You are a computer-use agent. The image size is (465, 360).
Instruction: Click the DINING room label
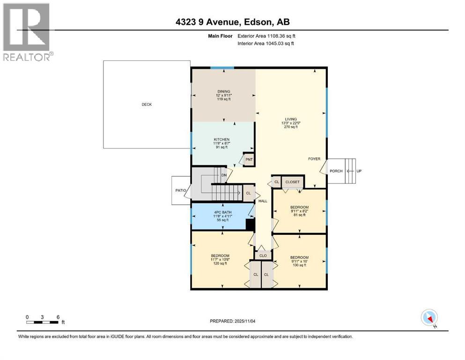pyautogui.click(x=223, y=91)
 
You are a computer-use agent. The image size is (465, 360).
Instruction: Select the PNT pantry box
pyautogui.click(x=249, y=159)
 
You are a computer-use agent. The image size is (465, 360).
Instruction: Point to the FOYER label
pyautogui.click(x=314, y=159)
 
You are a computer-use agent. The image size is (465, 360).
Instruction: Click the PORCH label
pyautogui.click(x=336, y=171)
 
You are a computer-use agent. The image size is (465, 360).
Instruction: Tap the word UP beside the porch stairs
pyautogui.click(x=359, y=171)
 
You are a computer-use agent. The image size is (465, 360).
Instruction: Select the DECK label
pyautogui.click(x=147, y=105)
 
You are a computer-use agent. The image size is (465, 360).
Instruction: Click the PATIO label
pyautogui.click(x=179, y=190)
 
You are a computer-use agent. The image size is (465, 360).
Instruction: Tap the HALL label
pyautogui.click(x=263, y=201)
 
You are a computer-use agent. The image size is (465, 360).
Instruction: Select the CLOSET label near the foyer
pyautogui.click(x=292, y=182)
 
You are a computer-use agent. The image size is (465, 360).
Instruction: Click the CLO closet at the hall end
pyautogui.click(x=263, y=255)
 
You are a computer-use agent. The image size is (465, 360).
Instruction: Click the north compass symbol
pyautogui.click(x=429, y=318)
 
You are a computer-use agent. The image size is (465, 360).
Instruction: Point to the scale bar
pyautogui.click(x=43, y=322)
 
